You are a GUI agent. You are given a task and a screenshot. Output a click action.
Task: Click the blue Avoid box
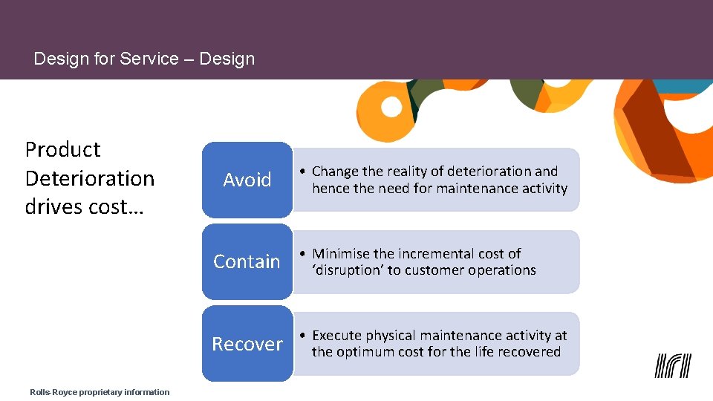247,180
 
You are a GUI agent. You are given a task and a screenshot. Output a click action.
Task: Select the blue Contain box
247,261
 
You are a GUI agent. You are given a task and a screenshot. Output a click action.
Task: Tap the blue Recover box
247,344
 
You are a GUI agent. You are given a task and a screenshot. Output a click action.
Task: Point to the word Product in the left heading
62,149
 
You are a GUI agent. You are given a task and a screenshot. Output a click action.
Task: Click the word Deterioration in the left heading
90,178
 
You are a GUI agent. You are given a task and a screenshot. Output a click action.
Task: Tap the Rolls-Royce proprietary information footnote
100,392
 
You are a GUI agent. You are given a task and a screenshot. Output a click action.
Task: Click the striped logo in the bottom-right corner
673,365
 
